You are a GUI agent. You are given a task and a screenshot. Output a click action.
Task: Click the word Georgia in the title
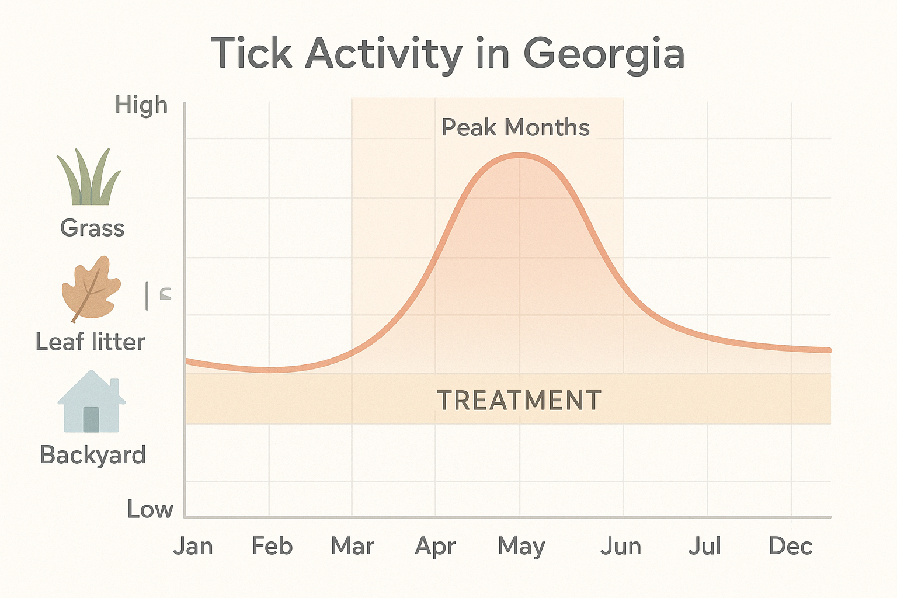point(603,54)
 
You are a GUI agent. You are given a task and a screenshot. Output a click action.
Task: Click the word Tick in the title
point(251,54)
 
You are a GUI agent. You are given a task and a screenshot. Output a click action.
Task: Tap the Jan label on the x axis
point(193,547)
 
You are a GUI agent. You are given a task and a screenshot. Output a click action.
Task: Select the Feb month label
point(272,547)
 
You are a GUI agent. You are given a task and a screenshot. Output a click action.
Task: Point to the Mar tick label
point(352,547)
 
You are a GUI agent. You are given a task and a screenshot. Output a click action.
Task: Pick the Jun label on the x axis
point(621,547)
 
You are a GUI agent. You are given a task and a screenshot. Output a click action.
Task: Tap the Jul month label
point(704,547)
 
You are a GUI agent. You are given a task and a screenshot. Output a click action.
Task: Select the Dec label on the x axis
point(790,547)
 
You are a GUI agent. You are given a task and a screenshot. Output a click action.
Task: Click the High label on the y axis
point(141,106)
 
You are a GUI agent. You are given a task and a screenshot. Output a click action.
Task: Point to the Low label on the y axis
point(150,510)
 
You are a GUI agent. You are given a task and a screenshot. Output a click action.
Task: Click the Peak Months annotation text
point(515,128)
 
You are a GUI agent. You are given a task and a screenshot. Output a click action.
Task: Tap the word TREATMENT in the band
point(519,401)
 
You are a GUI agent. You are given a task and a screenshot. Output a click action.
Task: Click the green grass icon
point(89,178)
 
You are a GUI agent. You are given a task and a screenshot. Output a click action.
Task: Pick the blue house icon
point(91,402)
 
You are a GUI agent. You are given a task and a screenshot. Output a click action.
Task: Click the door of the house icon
point(91,419)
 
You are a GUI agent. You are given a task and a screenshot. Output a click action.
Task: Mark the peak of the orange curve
point(519,155)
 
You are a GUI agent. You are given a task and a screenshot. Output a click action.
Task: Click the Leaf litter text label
point(90,342)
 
